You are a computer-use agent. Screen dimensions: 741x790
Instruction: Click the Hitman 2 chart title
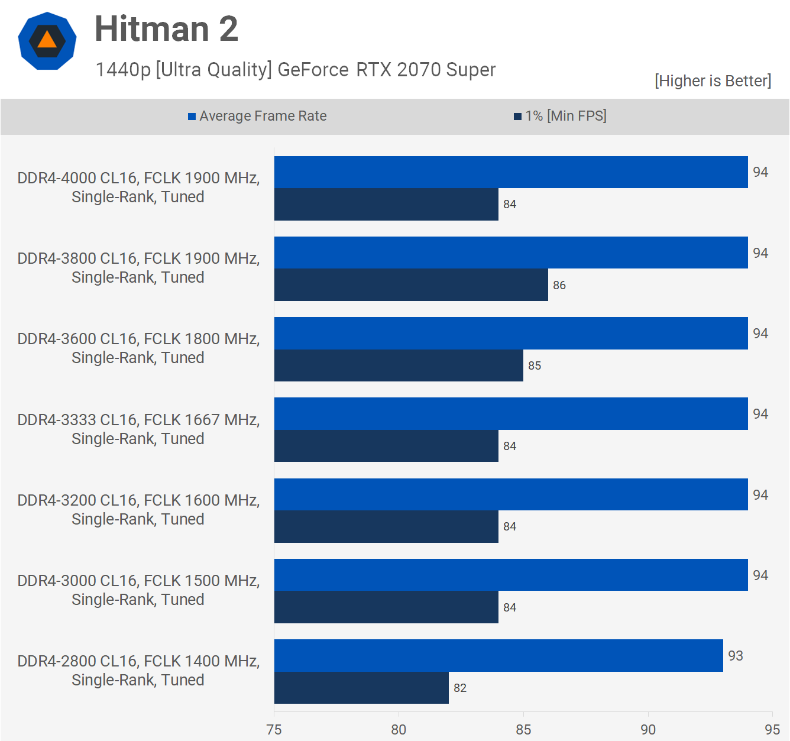click(166, 29)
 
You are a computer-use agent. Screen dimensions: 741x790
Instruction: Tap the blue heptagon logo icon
click(47, 41)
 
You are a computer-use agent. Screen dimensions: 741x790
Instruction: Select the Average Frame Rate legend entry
click(257, 116)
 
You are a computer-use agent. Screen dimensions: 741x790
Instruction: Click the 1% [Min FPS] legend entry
click(560, 116)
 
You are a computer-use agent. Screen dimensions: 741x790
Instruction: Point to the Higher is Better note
click(713, 80)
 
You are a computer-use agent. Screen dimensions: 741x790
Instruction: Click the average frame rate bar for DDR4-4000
click(511, 172)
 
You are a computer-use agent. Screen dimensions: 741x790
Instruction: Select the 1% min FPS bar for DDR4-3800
click(411, 284)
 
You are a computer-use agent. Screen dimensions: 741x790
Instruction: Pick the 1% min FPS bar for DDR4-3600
click(399, 365)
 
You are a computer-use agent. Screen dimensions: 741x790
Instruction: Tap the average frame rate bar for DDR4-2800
click(498, 655)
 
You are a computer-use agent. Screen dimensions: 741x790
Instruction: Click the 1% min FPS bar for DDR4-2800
click(361, 687)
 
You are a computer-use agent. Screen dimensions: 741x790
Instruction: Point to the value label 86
click(559, 285)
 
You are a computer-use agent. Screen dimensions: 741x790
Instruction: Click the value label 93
click(736, 656)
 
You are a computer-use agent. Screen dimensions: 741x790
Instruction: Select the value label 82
click(460, 688)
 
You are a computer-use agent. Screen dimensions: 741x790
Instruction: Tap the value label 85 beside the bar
click(535, 365)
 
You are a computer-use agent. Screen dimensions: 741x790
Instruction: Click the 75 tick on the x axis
click(274, 729)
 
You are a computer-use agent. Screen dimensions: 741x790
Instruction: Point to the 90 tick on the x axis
click(648, 729)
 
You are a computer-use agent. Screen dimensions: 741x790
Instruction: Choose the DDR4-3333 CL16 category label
click(138, 429)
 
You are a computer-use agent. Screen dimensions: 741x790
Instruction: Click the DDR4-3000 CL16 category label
click(138, 590)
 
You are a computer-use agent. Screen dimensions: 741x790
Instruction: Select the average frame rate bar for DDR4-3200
click(511, 494)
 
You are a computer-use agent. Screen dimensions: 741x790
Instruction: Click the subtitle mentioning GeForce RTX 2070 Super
click(296, 70)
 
